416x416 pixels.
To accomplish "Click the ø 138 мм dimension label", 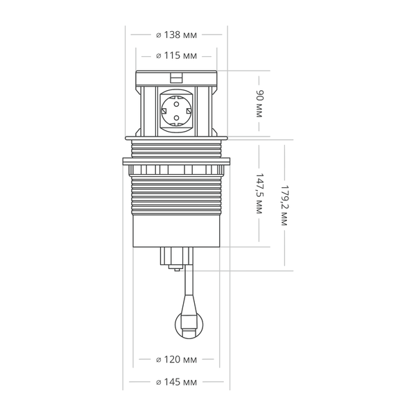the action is (x=176, y=35).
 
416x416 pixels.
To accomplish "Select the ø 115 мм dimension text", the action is (x=176, y=55).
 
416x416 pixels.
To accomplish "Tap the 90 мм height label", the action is (x=259, y=104).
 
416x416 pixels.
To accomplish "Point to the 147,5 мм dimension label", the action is (x=259, y=193).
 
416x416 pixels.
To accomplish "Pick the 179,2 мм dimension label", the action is (x=284, y=205).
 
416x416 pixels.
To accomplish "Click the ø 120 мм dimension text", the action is (x=176, y=359).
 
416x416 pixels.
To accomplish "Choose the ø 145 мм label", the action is (x=176, y=382).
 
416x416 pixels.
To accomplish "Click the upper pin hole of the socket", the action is (x=176, y=104).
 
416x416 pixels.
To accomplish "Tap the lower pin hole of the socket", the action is (x=176, y=118).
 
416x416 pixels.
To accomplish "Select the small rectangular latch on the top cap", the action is (x=176, y=78).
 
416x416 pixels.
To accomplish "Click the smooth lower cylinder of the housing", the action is (x=176, y=231).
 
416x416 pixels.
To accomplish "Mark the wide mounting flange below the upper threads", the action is (x=176, y=161).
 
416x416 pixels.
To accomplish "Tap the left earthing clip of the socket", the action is (x=164, y=111).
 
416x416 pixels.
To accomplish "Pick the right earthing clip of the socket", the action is (x=189, y=111).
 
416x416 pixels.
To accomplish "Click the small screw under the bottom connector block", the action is (x=176, y=270).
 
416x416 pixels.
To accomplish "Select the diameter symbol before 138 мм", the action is (x=159, y=35).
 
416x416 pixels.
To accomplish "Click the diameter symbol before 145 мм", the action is (x=159, y=383).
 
